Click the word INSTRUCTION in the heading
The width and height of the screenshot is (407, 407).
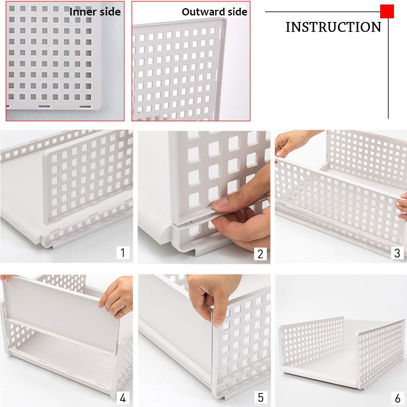point(333,27)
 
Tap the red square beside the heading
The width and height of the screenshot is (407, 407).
point(387,11)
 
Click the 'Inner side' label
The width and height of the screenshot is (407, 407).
point(95,12)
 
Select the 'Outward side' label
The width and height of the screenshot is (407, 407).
point(214,12)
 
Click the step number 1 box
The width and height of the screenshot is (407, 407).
point(122,252)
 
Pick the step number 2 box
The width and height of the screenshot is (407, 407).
point(260,254)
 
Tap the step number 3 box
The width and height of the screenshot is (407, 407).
point(397,253)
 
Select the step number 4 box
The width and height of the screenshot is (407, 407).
point(123,397)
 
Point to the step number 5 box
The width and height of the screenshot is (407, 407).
point(260,397)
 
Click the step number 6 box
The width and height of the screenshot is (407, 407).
point(397,397)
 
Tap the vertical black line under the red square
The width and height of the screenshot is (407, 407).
point(388,69)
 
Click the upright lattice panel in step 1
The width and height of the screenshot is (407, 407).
point(87,179)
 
